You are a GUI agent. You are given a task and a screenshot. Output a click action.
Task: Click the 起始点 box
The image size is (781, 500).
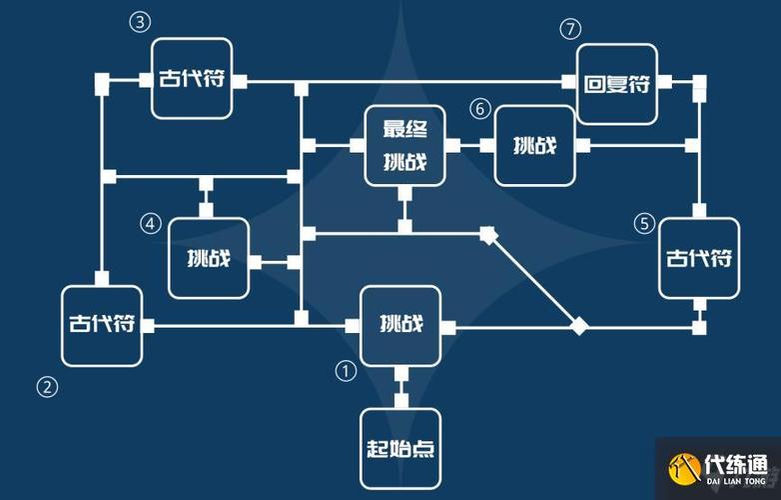coord(399,448)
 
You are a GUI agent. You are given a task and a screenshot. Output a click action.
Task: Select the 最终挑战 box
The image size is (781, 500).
coord(404,145)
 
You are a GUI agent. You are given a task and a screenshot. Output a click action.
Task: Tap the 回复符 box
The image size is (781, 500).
coord(617,84)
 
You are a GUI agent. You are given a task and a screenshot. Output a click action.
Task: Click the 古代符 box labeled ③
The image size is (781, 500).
coord(192,79)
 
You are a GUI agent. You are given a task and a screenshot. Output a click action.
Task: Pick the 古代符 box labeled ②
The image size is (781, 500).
coord(102,325)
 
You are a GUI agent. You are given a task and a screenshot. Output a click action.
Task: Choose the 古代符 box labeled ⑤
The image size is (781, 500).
coord(699,258)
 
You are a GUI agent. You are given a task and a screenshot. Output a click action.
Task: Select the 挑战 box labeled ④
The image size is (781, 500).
coord(208,258)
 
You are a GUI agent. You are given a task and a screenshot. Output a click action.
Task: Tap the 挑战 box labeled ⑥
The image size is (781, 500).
coord(535,145)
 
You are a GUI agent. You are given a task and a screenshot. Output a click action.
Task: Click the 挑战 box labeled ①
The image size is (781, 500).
coord(400,325)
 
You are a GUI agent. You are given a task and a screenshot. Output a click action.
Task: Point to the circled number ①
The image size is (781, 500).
coord(346,371)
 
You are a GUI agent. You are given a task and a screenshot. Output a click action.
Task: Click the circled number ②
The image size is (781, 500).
coord(46,386)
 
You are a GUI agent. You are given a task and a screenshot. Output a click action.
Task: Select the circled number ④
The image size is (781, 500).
coord(150,223)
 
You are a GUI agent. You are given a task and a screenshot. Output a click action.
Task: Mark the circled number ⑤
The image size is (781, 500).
coord(644,223)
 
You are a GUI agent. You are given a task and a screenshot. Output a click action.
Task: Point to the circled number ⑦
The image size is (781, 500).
coord(570,28)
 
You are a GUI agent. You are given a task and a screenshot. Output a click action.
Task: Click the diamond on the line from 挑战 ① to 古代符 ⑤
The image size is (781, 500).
coord(577,326)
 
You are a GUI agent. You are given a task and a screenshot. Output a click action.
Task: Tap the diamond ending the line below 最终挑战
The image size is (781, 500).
coord(487,235)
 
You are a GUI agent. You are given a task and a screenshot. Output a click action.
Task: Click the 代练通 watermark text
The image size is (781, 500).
coord(735,465)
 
